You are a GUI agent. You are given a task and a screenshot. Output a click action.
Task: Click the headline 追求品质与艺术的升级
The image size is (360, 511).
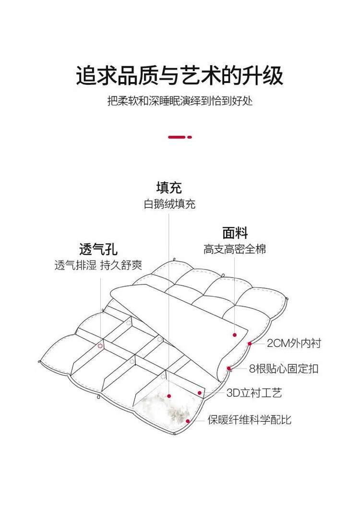click(180, 76)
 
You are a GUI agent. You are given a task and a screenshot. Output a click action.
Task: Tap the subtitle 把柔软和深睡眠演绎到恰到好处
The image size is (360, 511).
click(180, 102)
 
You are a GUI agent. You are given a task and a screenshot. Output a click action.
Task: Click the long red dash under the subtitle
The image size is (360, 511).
click(176, 137)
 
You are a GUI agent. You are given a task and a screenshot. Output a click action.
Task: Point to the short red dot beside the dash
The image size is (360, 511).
click(190, 137)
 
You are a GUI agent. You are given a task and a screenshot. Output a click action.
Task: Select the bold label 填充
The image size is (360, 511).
click(169, 187)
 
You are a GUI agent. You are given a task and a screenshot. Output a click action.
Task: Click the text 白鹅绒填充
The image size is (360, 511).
click(169, 204)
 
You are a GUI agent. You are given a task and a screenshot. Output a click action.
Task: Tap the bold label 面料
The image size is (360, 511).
click(235, 233)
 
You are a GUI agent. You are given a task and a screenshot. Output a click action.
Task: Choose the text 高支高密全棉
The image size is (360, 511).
click(234, 250)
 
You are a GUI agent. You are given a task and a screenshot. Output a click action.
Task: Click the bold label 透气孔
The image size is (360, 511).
click(98, 250)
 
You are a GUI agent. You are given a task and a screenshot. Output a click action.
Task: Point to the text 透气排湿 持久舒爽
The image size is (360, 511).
click(98, 266)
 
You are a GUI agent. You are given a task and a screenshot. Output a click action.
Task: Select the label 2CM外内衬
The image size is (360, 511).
click(294, 344)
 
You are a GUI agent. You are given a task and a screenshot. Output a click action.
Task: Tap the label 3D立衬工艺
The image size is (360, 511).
click(254, 393)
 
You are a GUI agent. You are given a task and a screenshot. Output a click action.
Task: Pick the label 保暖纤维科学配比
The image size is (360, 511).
click(249, 420)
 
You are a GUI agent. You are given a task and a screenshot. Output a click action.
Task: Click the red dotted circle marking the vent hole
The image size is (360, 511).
click(100, 345)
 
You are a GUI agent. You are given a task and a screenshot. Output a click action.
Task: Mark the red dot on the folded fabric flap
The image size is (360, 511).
click(235, 335)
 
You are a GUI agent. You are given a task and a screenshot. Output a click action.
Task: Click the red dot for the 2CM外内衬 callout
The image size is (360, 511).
click(250, 344)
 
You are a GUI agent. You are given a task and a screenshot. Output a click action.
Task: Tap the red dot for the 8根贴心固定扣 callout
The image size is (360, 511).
click(229, 368)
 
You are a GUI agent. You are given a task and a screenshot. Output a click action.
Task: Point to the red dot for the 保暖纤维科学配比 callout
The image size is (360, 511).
click(188, 421)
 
